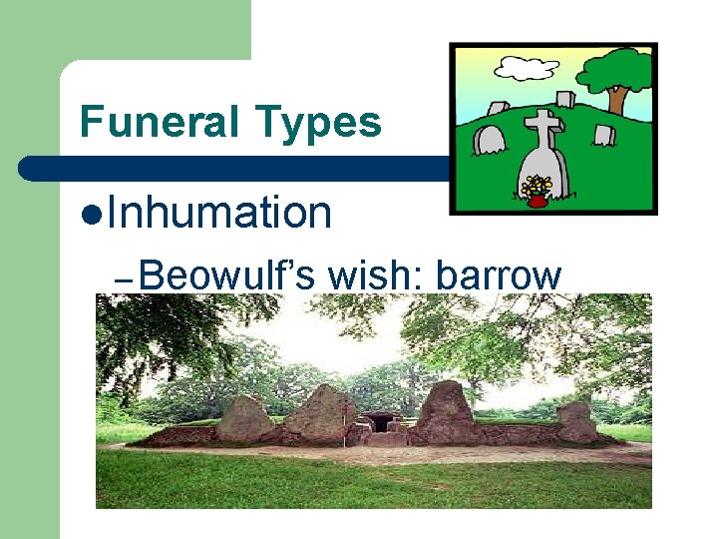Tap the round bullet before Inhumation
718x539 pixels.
91,215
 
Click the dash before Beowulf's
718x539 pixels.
124,280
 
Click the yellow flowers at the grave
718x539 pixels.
538,185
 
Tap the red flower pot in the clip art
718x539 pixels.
538,200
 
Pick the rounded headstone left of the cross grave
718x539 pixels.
490,139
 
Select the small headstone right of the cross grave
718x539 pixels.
601,134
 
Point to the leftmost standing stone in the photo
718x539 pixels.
243,419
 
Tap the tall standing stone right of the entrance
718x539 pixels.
445,410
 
